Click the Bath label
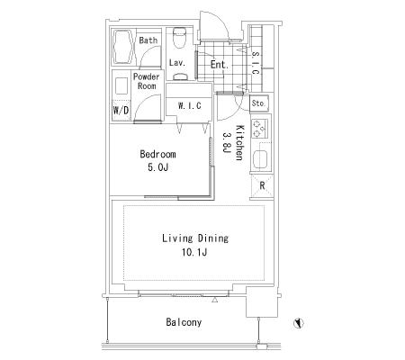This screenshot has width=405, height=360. (x=148, y=40)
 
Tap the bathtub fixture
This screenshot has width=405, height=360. (x=123, y=47)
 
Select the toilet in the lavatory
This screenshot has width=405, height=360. (x=180, y=38)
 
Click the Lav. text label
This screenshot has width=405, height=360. (x=177, y=63)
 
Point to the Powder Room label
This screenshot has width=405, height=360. (x=147, y=81)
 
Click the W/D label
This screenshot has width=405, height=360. (x=121, y=110)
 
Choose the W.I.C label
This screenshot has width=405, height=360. (x=190, y=106)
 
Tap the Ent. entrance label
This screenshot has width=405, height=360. (x=220, y=64)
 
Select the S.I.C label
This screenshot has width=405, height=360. (x=256, y=63)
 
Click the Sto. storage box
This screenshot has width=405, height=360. (x=259, y=103)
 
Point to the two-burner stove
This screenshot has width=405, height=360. (x=260, y=128)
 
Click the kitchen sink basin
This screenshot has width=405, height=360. (x=260, y=159)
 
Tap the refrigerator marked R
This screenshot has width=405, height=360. (x=262, y=186)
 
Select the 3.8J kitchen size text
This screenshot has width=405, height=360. (x=227, y=143)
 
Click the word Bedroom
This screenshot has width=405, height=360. (x=157, y=155)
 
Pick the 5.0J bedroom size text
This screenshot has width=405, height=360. (x=158, y=167)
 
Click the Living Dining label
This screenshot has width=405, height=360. (x=195, y=238)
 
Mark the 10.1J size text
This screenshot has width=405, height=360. (x=194, y=253)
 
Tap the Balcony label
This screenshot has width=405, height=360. (x=184, y=322)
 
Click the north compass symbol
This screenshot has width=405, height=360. (x=299, y=323)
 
